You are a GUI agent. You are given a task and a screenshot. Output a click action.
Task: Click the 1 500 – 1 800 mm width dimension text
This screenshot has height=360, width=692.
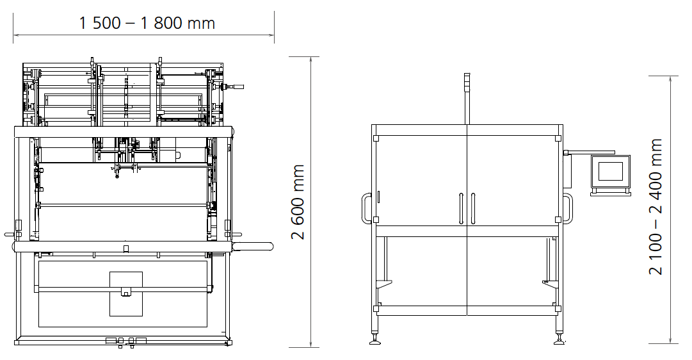coord(147,23)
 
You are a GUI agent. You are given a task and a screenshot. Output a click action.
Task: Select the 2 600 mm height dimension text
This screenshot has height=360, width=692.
coord(298,202)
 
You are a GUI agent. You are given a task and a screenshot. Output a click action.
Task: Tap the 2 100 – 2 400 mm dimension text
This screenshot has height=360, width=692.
coord(656,207)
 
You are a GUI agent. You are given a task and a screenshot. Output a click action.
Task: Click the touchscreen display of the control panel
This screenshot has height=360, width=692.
coord(610,172)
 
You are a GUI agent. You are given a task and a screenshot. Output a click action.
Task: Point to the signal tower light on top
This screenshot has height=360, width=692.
coord(467,82)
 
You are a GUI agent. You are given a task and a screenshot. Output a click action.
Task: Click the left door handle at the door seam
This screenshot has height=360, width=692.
coord(461,208)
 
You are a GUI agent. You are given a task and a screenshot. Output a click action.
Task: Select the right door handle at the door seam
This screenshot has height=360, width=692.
coord(472,208)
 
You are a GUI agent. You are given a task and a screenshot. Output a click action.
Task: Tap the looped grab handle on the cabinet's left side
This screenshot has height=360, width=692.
coord(367,208)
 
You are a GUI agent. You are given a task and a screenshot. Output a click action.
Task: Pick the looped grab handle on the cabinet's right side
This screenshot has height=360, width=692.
coord(568,208)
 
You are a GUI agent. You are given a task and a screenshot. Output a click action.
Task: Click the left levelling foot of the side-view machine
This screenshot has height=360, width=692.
coord(375,340)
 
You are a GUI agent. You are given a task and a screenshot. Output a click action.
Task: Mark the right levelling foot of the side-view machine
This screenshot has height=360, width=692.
coord(559,340)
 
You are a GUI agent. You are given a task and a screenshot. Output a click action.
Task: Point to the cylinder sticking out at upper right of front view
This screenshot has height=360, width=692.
coord(232,87)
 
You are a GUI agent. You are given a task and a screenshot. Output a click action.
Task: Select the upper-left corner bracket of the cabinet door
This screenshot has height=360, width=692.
coord(376,138)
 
